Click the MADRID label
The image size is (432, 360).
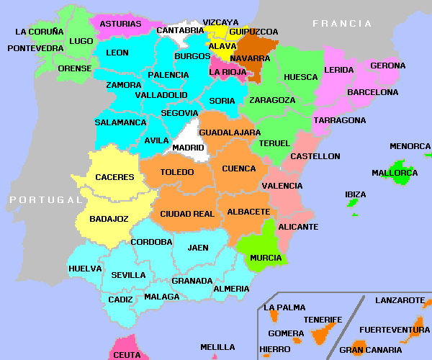tap(189, 148)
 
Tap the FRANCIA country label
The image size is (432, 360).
tap(342, 24)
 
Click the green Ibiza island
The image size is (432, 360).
tap(353, 204)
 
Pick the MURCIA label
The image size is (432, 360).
tap(266, 258)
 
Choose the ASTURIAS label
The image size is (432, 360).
tap(120, 24)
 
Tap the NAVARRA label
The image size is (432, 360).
tap(250, 58)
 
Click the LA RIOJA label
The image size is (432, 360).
tap(227, 72)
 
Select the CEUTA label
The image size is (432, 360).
tap(127, 355)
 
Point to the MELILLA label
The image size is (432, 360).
tap(217, 347)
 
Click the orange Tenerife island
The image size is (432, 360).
tap(321, 335)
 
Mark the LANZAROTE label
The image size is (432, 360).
tap(400, 300)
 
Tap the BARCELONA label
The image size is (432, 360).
tap(372, 92)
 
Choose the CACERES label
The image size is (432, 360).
tap(114, 177)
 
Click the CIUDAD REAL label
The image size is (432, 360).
tap(187, 214)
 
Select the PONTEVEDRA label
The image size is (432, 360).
tap(35, 48)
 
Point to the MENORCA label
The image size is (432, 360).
tap(410, 146)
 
